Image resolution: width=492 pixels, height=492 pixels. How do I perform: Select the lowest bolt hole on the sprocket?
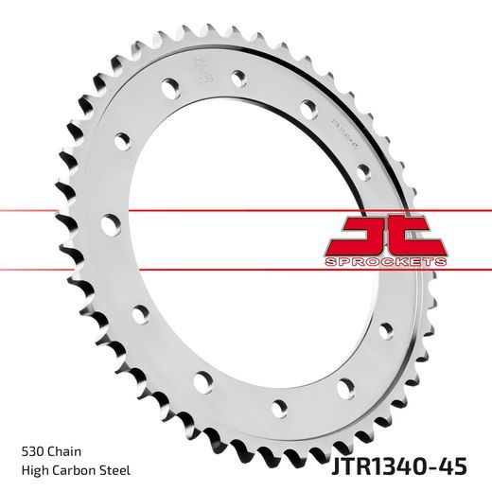[x=278, y=410]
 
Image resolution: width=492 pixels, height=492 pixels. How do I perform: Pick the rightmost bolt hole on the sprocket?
[x=386, y=330]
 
